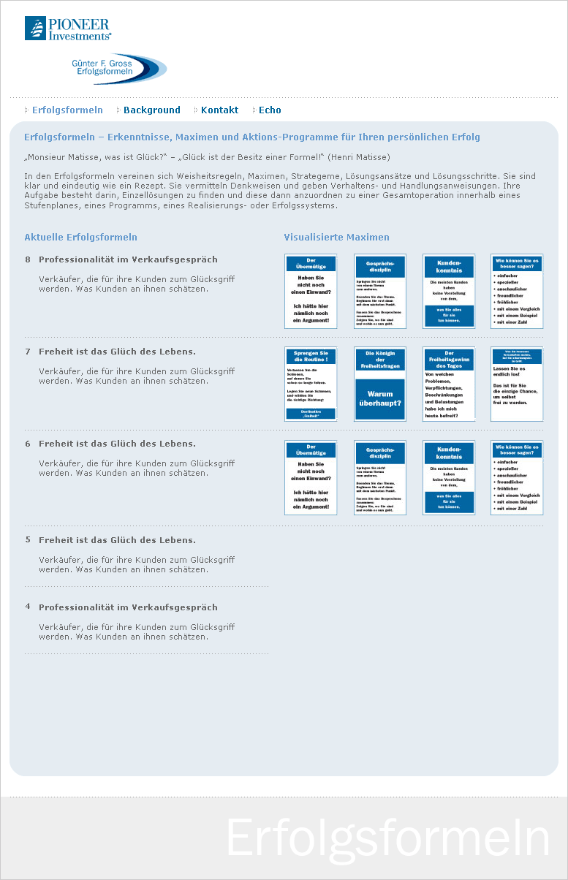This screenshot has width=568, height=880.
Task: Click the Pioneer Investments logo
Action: (68, 29)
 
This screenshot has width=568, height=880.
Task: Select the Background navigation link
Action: (151, 110)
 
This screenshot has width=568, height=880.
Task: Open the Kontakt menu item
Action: (219, 110)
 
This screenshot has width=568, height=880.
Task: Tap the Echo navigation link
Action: (270, 110)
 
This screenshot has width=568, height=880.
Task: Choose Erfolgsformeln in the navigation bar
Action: (67, 110)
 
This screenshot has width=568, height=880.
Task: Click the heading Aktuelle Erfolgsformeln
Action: (80, 238)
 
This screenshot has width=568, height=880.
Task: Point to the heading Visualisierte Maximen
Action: (336, 238)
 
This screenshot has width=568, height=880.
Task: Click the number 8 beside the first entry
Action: (28, 259)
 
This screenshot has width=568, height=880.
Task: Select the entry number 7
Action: (28, 352)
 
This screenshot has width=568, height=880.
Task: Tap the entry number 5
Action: (28, 540)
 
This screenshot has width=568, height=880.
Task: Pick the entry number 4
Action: (28, 607)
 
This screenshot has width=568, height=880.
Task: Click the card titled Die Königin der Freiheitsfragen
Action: (380, 384)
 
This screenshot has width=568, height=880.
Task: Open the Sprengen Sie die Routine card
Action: (311, 384)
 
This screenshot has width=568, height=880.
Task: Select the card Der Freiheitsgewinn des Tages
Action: (449, 384)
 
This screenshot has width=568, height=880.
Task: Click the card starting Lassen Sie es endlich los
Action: (517, 384)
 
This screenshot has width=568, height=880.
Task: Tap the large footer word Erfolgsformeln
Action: (387, 838)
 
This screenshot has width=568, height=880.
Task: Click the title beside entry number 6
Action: (117, 444)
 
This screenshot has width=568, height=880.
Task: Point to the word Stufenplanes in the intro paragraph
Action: (50, 205)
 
